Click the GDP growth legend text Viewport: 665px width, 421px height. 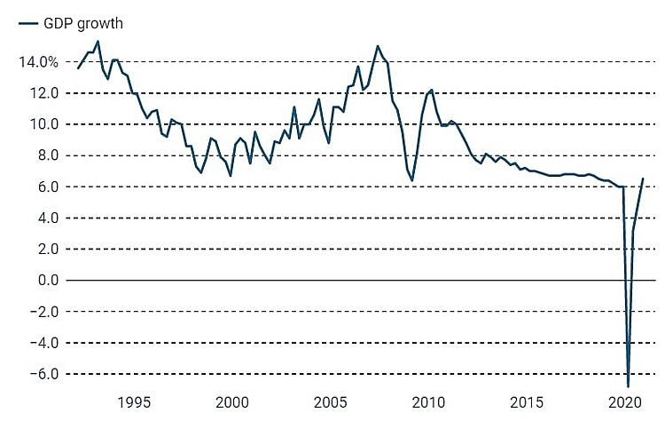click(83, 24)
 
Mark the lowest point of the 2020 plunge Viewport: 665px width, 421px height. click(628, 386)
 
